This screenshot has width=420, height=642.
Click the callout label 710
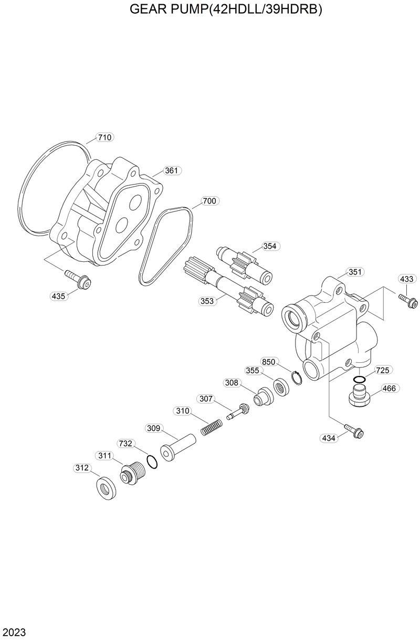[x=105, y=138]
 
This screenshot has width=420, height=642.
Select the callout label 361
[x=172, y=170]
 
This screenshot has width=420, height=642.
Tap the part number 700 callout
[x=209, y=201]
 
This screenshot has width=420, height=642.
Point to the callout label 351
[x=355, y=272]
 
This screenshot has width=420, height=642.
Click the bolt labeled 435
[x=78, y=279]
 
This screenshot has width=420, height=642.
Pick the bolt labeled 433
[x=408, y=300]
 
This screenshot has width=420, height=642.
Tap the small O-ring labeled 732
[x=152, y=461]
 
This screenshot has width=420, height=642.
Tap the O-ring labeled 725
[x=360, y=380]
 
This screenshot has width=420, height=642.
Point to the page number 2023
[x=14, y=630]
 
